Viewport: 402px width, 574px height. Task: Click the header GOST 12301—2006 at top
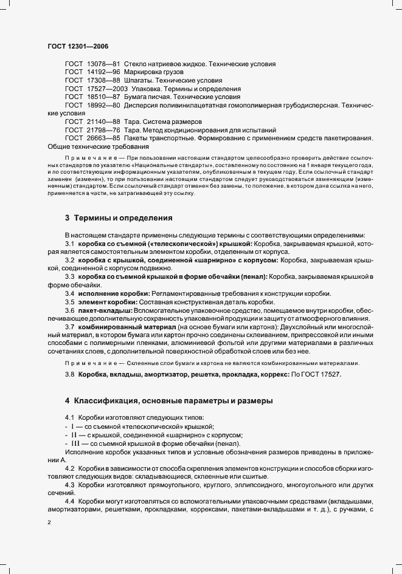(77, 46)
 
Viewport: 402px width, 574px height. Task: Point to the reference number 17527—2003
(107, 89)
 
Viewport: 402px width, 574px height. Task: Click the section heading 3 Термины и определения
(119, 217)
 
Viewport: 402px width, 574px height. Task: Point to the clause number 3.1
(70, 243)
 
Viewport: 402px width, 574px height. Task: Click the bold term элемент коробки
(108, 302)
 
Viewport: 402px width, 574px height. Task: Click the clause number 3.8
(70, 375)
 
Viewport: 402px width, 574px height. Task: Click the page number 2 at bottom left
(49, 522)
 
